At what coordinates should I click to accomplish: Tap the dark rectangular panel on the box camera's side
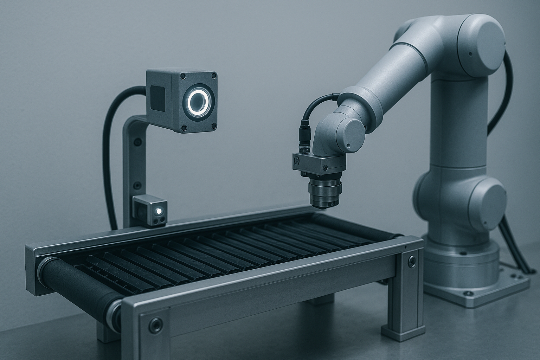(158, 98)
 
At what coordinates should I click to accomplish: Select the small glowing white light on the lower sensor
(159, 211)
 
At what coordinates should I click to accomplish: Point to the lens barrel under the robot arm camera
(325, 192)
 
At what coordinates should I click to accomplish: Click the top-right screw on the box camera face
(213, 76)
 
